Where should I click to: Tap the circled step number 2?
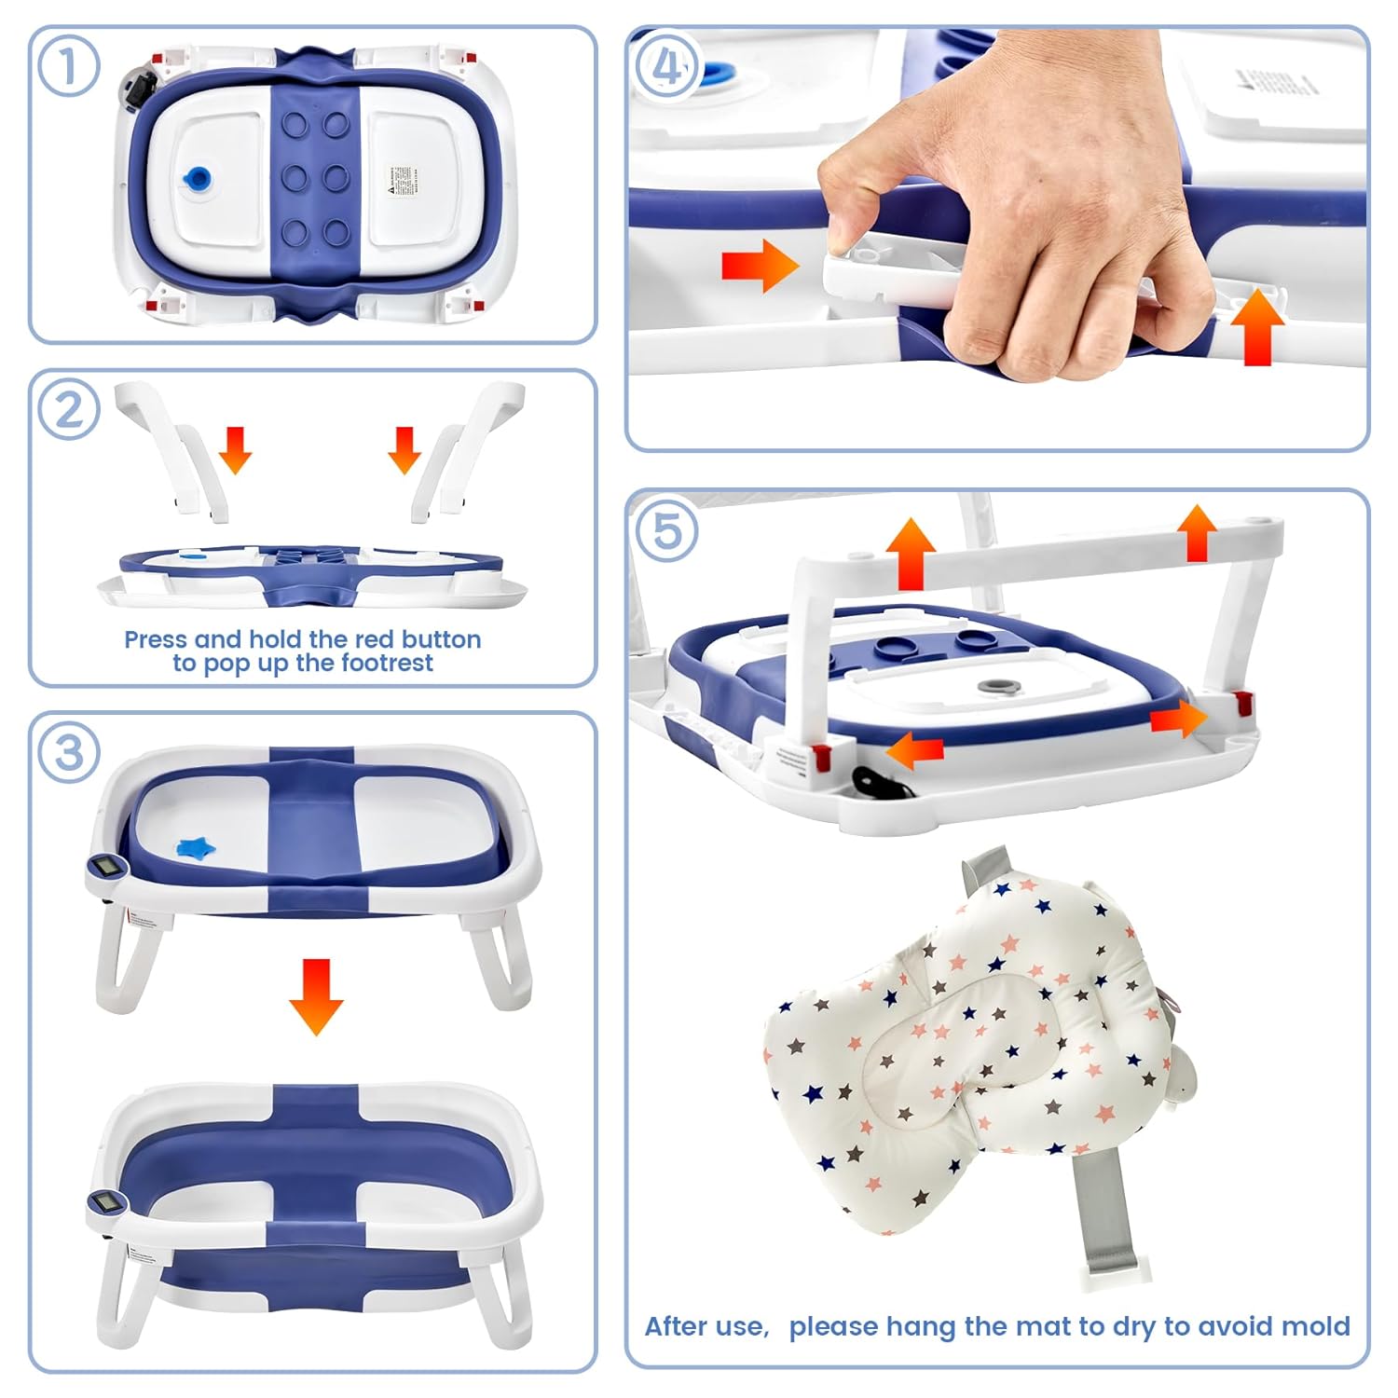[x=68, y=409]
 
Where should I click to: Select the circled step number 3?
[x=69, y=752]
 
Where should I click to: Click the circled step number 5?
[x=666, y=530]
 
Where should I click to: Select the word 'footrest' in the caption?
[x=387, y=663]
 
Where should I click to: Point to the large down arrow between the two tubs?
[x=316, y=995]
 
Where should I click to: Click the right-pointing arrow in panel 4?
[x=760, y=266]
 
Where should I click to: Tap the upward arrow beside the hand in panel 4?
[x=1256, y=325]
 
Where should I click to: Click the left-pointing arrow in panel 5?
[x=913, y=748]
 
